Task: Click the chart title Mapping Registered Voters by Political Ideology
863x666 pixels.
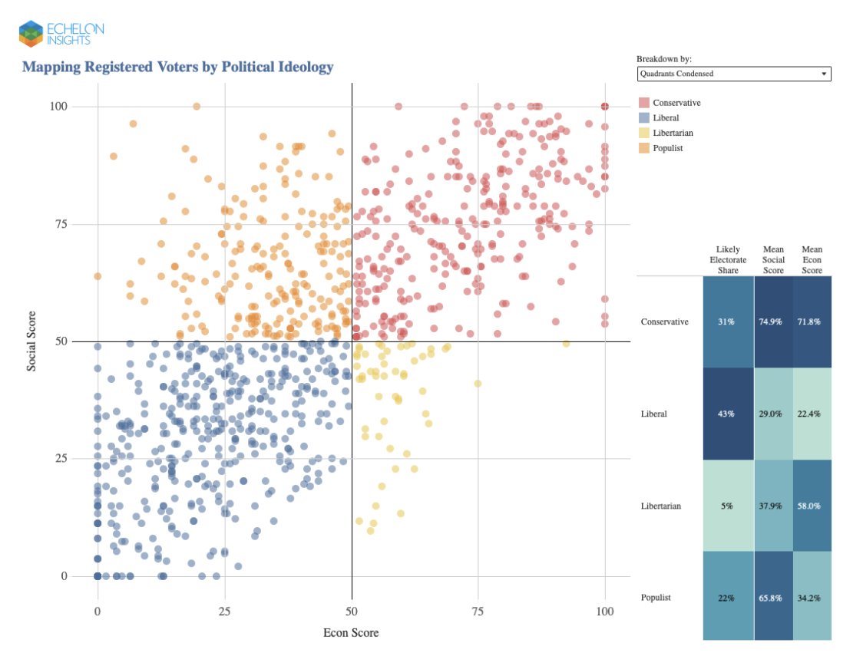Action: [177, 67]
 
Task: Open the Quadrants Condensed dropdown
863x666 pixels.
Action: [733, 74]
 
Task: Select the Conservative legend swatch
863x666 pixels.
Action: [643, 103]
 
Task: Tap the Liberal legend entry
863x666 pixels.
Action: [665, 118]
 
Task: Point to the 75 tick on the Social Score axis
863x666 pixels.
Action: [78, 224]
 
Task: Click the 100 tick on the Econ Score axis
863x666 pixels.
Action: [604, 612]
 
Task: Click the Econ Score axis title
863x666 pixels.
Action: [351, 633]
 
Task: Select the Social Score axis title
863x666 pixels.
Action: [31, 341]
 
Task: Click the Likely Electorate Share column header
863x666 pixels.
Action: [728, 260]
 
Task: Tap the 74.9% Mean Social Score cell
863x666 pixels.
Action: [773, 322]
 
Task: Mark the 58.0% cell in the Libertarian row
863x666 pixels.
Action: [812, 506]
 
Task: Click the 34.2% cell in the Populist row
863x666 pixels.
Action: [812, 597]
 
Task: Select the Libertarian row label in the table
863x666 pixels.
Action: [663, 506]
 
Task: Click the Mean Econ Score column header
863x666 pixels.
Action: [812, 260]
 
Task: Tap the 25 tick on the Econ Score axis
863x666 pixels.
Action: [224, 612]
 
